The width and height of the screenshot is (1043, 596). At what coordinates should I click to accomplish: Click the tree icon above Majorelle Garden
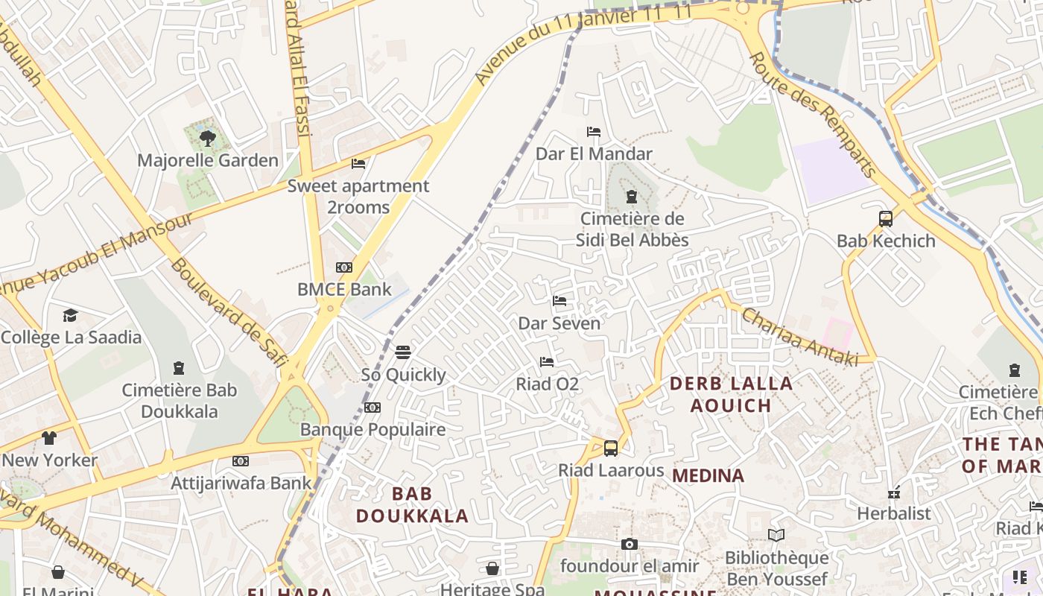tap(208, 138)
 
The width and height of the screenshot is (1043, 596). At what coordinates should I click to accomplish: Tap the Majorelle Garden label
tap(208, 160)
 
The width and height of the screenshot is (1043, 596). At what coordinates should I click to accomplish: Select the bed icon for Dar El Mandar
tap(594, 132)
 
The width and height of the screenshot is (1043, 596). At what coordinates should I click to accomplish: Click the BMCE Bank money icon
tap(344, 267)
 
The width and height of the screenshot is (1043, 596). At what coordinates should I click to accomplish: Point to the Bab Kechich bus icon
tap(886, 219)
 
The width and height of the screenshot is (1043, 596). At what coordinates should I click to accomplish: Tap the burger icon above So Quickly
tap(403, 352)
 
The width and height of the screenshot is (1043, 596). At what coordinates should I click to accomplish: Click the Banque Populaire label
tap(372, 430)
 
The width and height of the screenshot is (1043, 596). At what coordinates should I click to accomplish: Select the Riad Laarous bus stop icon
tap(611, 448)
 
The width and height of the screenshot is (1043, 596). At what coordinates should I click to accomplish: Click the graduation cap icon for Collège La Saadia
tap(70, 315)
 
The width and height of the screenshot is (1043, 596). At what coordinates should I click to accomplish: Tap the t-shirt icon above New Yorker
tap(49, 438)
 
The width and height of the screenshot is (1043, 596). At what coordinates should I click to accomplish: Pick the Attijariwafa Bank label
tap(241, 483)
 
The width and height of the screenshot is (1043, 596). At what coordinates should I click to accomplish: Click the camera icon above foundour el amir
tap(630, 545)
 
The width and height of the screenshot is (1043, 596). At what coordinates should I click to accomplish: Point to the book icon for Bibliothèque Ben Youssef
tap(776, 535)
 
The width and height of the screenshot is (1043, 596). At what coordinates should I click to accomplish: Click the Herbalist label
tap(894, 513)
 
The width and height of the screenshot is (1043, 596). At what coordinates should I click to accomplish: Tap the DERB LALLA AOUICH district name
tap(731, 395)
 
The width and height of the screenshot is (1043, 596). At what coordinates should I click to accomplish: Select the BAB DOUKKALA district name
tap(412, 504)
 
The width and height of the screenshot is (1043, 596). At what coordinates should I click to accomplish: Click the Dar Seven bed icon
tap(559, 301)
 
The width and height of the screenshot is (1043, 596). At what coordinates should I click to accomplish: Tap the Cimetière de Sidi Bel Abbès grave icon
tap(632, 197)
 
